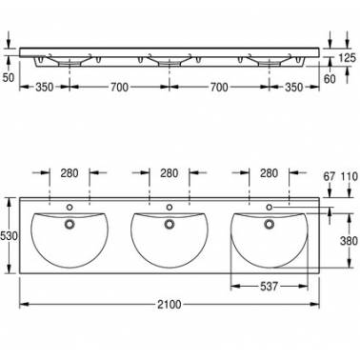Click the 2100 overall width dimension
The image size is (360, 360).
(x=170, y=305)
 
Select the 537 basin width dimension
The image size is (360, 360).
(x=269, y=287)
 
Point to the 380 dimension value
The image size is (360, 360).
(x=349, y=241)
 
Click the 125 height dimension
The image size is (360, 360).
(x=348, y=58)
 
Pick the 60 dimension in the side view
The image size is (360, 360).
(x=330, y=79)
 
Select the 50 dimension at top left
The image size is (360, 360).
(x=9, y=77)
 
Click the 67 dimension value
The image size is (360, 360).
(x=330, y=176)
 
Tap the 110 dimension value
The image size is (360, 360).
(x=350, y=176)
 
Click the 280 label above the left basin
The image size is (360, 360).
(x=70, y=173)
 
